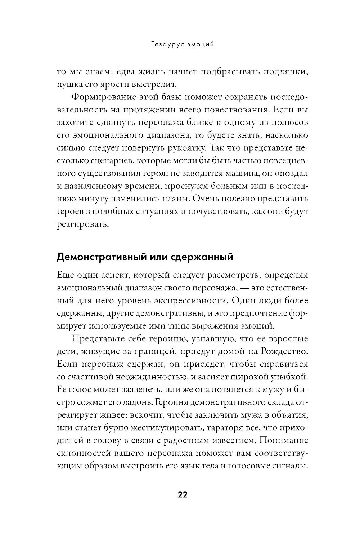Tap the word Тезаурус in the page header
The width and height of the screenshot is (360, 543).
(162, 45)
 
